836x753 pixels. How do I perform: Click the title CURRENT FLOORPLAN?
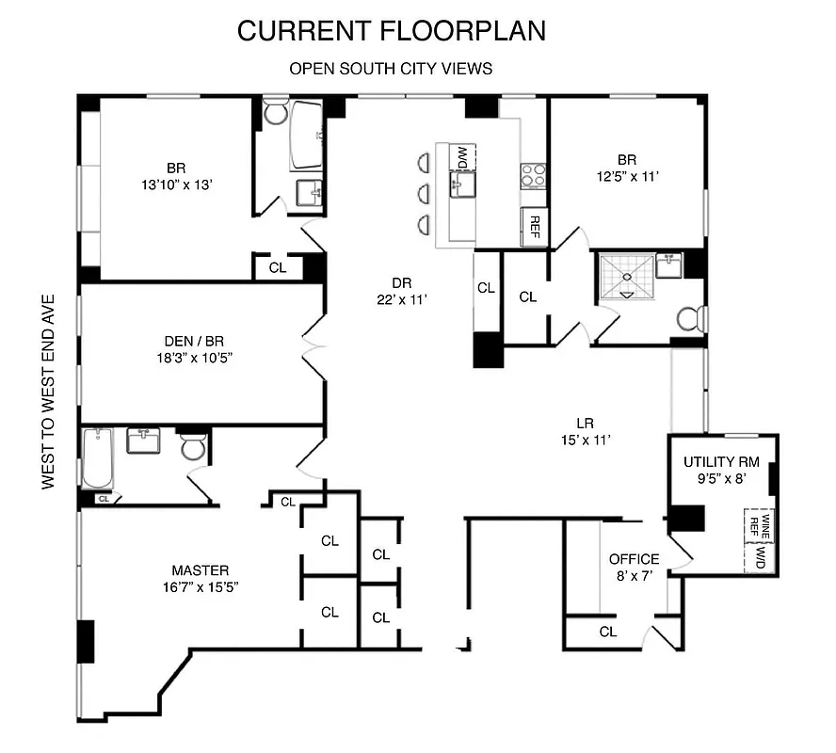click(x=391, y=30)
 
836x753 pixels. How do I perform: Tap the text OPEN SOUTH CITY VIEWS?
click(x=391, y=69)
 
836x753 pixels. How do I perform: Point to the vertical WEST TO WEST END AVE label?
click(x=49, y=391)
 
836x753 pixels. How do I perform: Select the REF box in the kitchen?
click(x=535, y=225)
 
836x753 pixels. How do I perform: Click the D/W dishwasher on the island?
click(x=463, y=158)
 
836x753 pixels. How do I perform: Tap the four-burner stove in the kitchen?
click(x=534, y=176)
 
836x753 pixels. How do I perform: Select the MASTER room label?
click(x=200, y=570)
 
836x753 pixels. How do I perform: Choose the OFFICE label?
click(x=634, y=559)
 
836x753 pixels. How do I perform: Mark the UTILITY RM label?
click(x=722, y=462)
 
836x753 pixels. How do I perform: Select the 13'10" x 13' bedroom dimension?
click(x=176, y=185)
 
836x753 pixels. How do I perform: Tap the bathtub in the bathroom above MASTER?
click(x=97, y=458)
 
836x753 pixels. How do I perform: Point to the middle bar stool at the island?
click(x=424, y=195)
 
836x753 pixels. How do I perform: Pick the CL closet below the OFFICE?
click(x=608, y=632)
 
